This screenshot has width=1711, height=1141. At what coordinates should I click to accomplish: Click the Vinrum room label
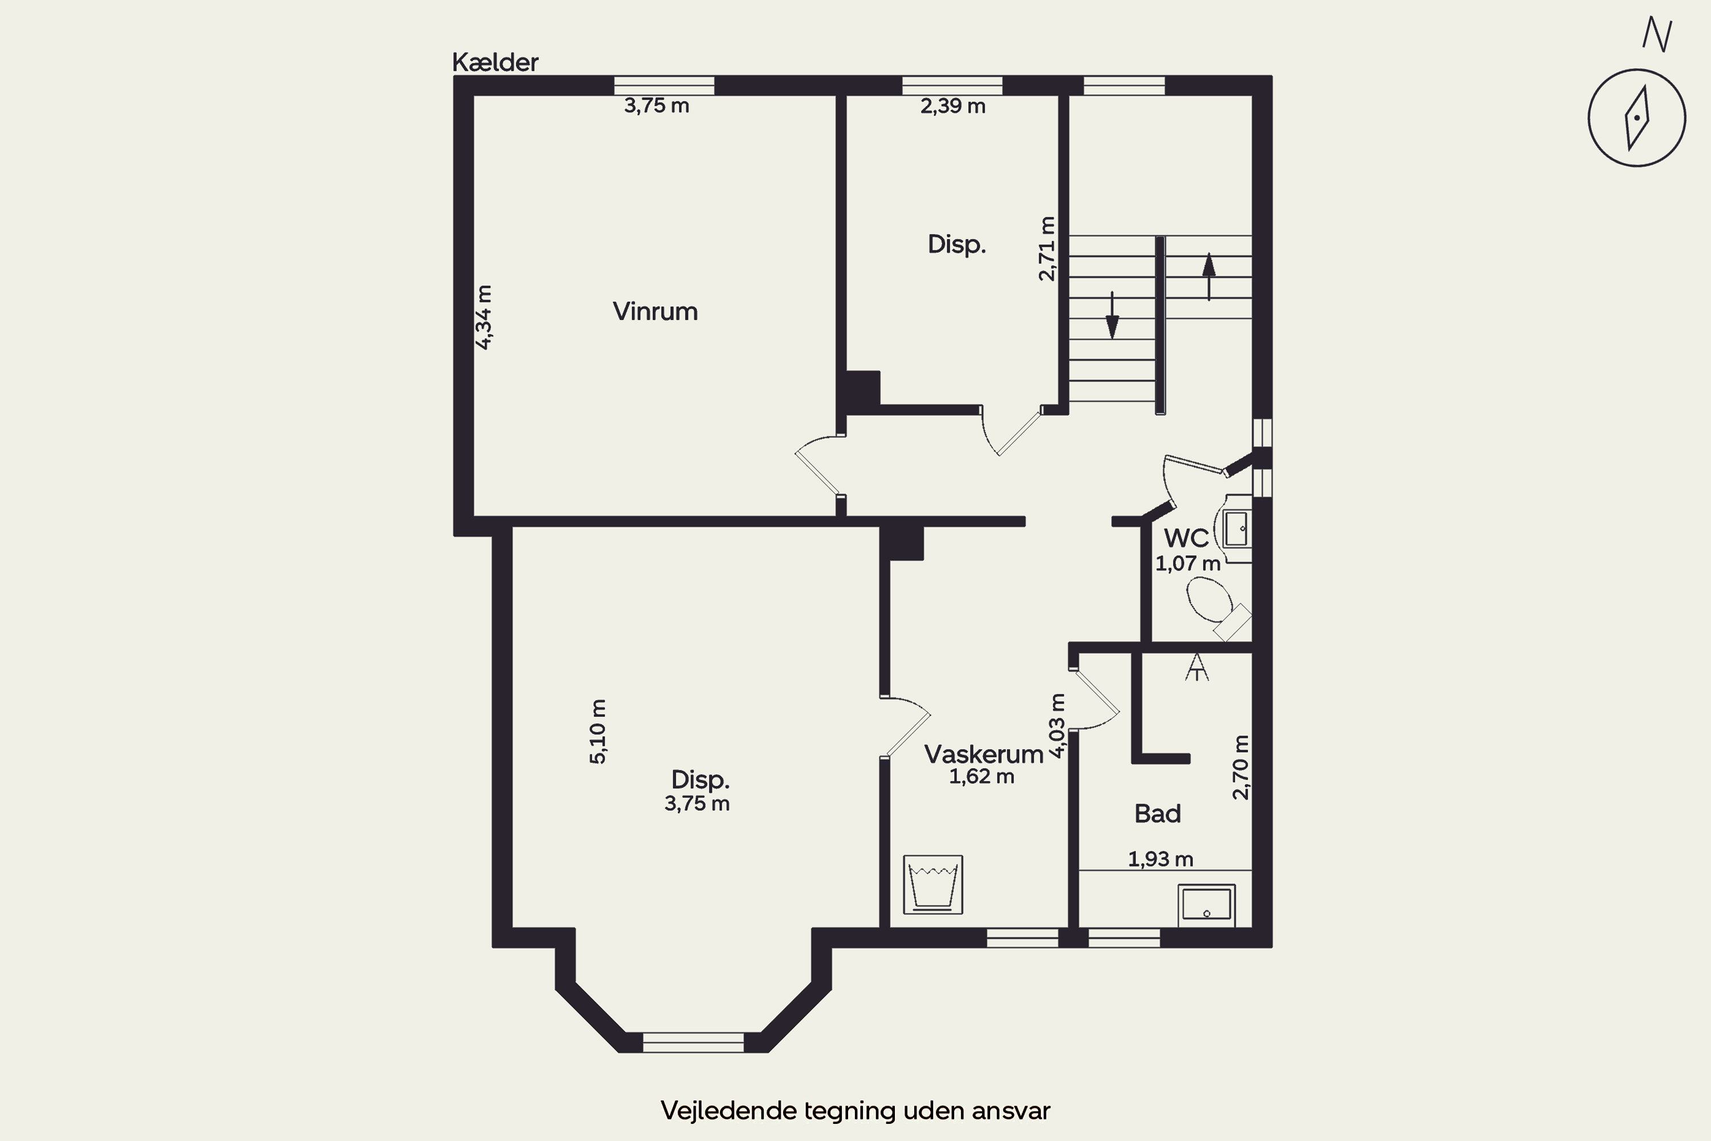(x=655, y=311)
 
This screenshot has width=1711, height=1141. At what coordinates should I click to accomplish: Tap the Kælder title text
(x=494, y=63)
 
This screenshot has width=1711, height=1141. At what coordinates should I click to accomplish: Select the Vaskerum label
(x=983, y=754)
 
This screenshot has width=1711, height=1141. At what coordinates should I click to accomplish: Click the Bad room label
(x=1157, y=814)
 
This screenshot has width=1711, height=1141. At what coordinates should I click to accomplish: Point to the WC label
(x=1186, y=539)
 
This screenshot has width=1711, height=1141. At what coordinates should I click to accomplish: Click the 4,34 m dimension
(x=484, y=317)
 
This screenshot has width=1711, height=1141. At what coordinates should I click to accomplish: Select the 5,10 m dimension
(x=597, y=731)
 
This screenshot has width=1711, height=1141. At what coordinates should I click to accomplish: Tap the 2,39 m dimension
(x=953, y=106)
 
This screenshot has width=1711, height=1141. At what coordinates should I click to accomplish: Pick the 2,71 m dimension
(x=1047, y=248)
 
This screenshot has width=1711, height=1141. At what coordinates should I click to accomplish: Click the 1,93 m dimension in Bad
(x=1160, y=859)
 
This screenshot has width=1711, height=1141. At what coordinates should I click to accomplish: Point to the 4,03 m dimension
(x=1058, y=726)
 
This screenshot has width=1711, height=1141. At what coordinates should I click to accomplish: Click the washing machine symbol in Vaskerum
(x=932, y=884)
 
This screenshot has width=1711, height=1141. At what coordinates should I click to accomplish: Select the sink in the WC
(x=1236, y=528)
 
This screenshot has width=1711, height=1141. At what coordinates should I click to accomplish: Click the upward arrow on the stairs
(x=1209, y=277)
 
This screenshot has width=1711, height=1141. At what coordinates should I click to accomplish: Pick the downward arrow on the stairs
(x=1112, y=316)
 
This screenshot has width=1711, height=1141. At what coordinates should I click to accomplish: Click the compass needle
(x=1637, y=118)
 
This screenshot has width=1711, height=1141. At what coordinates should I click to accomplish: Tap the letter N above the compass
(x=1657, y=34)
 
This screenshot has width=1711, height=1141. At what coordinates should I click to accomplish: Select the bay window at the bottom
(x=694, y=1042)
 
